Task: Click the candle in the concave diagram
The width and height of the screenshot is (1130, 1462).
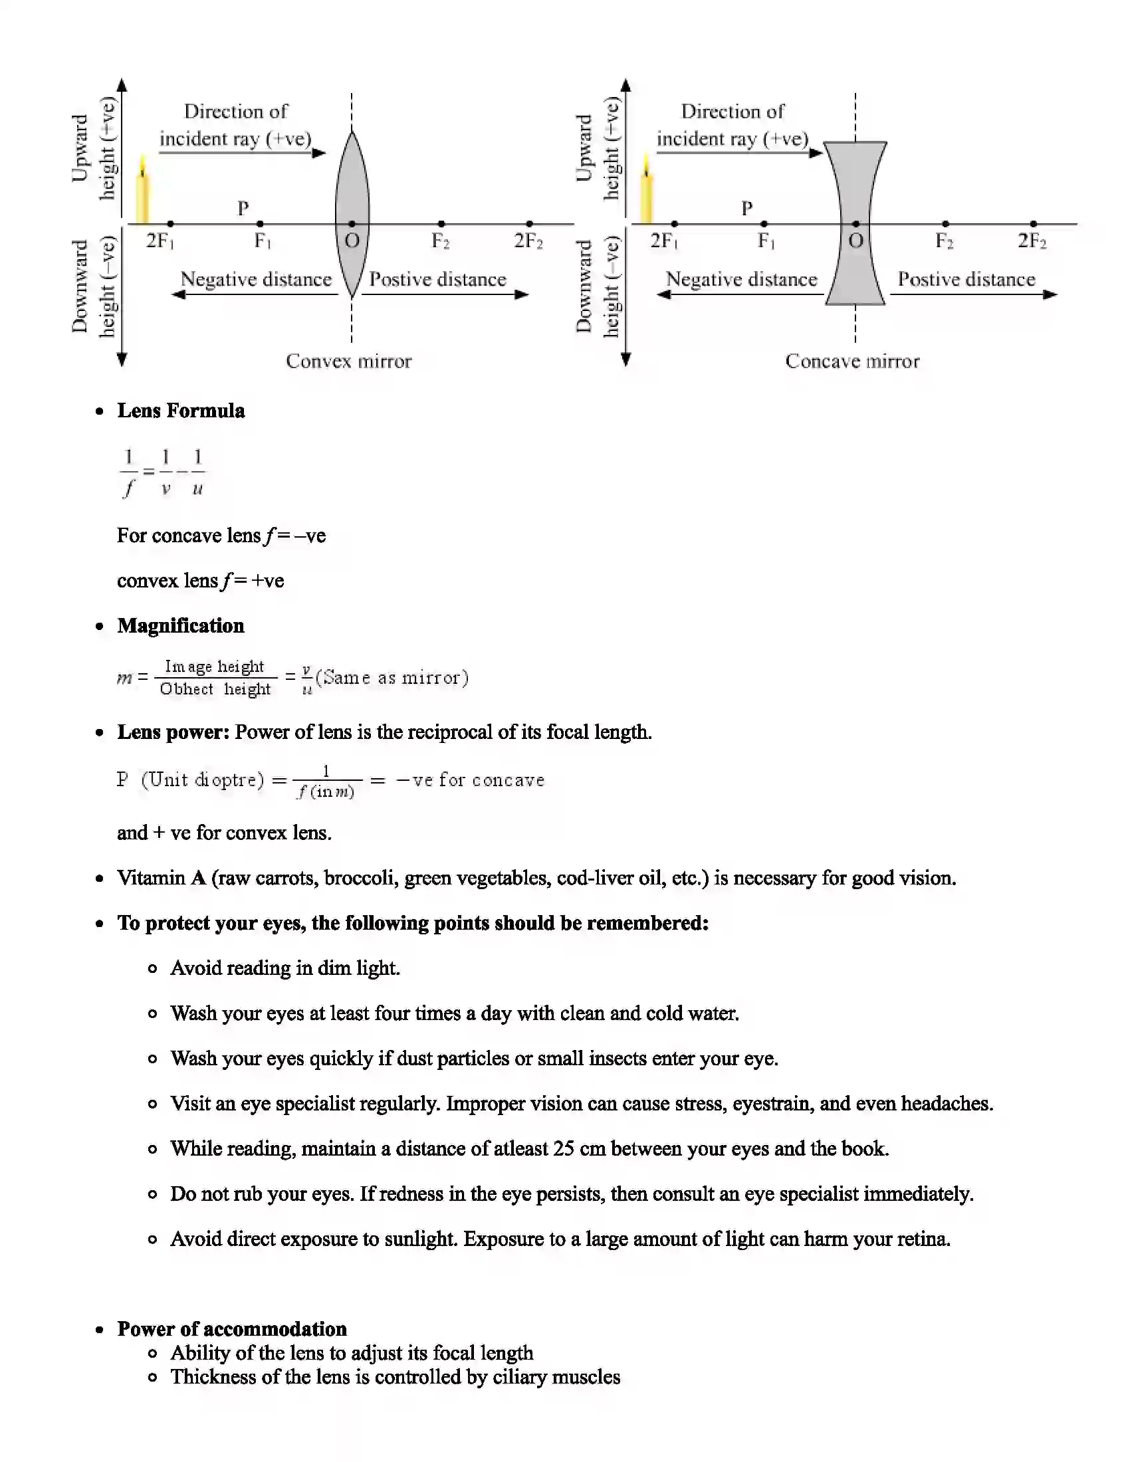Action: point(646,191)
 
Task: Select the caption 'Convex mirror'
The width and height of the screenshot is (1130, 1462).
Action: point(348,362)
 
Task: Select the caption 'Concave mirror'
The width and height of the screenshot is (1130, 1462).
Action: point(852,362)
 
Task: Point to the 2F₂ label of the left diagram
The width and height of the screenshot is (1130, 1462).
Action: point(528,241)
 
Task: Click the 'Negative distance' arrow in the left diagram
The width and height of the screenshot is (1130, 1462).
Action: point(255,294)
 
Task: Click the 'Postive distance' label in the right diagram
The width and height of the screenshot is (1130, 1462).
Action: point(966,279)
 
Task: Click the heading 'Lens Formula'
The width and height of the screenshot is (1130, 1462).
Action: point(181,410)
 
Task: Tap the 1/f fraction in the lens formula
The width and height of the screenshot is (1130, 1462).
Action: point(128,472)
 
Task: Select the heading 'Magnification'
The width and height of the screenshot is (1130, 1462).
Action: point(181,626)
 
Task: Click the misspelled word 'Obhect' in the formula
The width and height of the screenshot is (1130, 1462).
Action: point(186,689)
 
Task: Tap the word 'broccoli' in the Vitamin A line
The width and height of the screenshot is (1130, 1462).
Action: point(359,878)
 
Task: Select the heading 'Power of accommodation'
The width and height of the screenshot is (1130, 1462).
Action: point(231,1329)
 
